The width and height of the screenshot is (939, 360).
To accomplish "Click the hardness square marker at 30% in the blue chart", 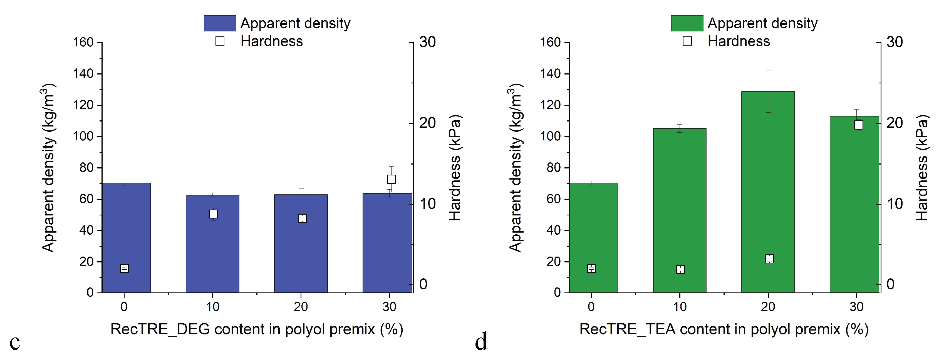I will [x=392, y=179].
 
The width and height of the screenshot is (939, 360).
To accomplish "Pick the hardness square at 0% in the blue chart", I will [x=124, y=269].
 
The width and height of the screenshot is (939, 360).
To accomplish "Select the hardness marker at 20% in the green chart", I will [x=769, y=259].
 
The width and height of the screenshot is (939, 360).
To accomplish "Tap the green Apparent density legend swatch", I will [x=687, y=23].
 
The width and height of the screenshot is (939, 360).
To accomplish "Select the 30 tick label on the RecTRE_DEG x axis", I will [x=389, y=307].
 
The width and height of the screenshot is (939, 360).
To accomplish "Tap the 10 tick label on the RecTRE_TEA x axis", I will [x=680, y=307].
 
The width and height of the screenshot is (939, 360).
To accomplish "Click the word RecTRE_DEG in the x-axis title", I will [x=160, y=329].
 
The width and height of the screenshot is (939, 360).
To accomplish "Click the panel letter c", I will [x=14, y=342].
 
